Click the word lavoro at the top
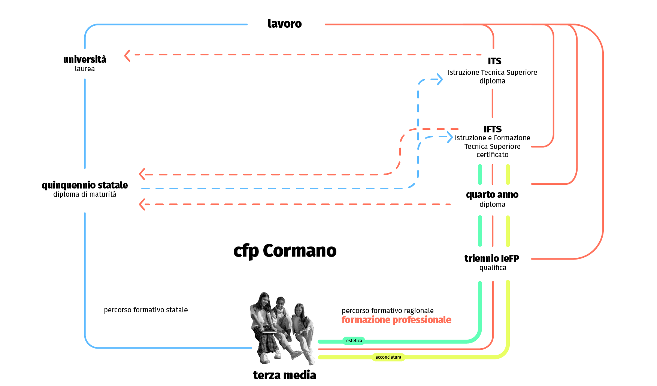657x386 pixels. coord(285,24)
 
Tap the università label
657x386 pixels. coord(85,59)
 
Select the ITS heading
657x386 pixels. coord(494,61)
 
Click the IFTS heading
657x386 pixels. coord(493,129)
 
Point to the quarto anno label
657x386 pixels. coord(492,194)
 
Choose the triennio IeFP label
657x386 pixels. coord(492,258)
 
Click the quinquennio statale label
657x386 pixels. coord(85,185)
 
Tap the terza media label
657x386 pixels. coord(285,375)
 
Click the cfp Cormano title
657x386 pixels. coord(285,251)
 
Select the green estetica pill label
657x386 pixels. coord(354,341)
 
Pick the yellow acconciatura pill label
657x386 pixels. coord(388,357)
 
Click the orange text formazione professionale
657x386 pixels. coord(396,320)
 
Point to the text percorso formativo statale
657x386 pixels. coord(146,310)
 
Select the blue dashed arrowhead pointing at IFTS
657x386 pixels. coord(449,137)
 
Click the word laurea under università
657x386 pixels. coord(85,69)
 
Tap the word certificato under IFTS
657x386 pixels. coord(492,155)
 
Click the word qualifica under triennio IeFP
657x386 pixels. coord(493,268)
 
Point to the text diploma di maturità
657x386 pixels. coord(85,194)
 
